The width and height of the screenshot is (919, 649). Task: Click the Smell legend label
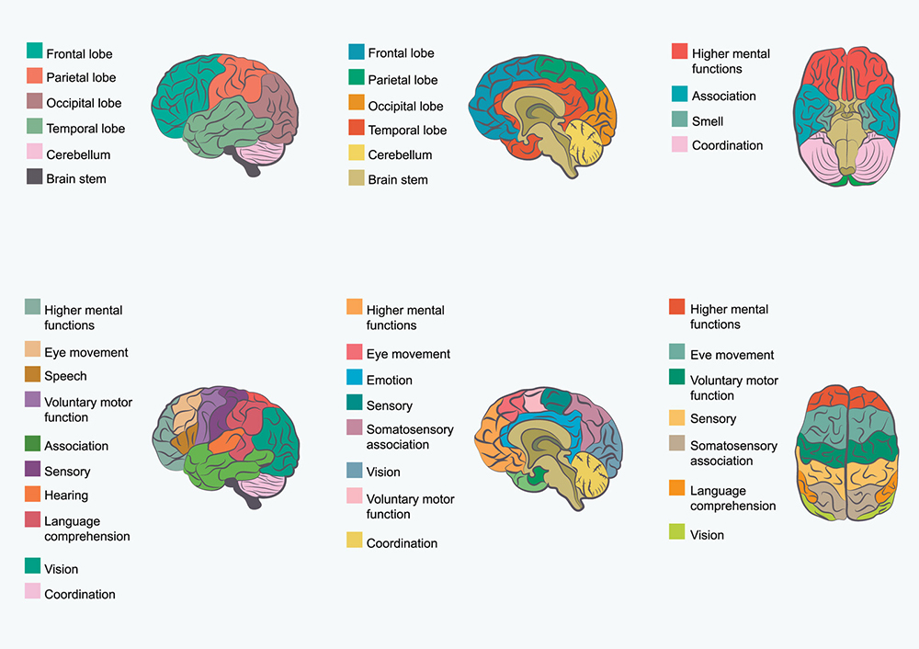pyautogui.click(x=707, y=120)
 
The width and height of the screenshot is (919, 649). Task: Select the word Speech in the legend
pyautogui.click(x=65, y=376)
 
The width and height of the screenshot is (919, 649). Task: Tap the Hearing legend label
pyautogui.click(x=66, y=495)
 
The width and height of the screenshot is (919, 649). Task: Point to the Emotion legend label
pyautogui.click(x=389, y=380)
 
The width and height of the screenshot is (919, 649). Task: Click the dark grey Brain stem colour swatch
pyautogui.click(x=34, y=177)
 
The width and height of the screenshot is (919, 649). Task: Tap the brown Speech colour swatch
pyautogui.click(x=33, y=375)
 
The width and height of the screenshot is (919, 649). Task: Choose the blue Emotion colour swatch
pyautogui.click(x=355, y=378)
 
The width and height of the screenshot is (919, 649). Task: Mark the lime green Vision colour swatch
pyautogui.click(x=677, y=532)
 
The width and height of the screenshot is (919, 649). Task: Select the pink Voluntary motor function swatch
pyautogui.click(x=355, y=496)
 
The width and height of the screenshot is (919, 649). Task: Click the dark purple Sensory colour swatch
pyautogui.click(x=33, y=470)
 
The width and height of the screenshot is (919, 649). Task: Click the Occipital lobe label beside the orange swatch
pyautogui.click(x=405, y=106)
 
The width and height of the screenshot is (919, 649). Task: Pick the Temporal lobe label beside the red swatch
pyautogui.click(x=407, y=130)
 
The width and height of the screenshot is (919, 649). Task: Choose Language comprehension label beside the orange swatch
pyautogui.click(x=732, y=498)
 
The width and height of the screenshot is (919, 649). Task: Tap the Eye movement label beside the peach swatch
pyautogui.click(x=85, y=352)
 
